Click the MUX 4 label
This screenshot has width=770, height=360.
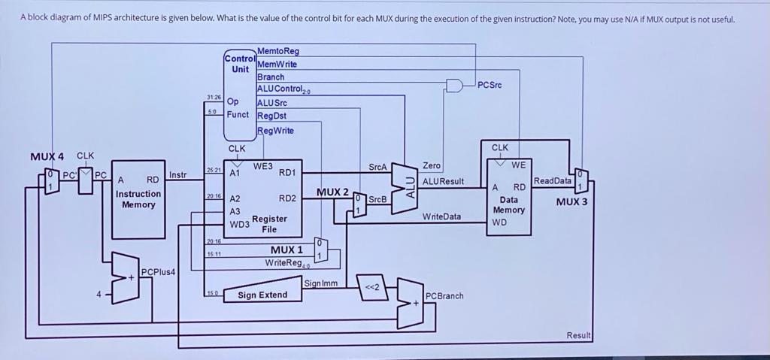47,156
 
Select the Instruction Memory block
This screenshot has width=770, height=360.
138,198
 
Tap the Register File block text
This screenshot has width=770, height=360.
269,223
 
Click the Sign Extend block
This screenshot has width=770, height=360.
262,295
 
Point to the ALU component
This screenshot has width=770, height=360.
410,182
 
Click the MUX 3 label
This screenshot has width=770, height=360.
571,201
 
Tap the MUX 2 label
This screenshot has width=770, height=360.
332,192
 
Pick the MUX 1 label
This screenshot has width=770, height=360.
286,250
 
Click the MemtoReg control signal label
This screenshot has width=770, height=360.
277,51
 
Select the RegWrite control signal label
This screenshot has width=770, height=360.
275,130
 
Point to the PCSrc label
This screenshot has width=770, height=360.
490,86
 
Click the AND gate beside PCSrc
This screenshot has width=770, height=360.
455,85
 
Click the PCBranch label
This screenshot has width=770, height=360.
444,295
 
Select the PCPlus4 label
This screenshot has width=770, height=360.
158,271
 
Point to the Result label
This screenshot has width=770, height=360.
579,335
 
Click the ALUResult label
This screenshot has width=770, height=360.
443,181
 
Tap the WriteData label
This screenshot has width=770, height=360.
441,216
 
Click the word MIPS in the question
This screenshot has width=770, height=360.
102,18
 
